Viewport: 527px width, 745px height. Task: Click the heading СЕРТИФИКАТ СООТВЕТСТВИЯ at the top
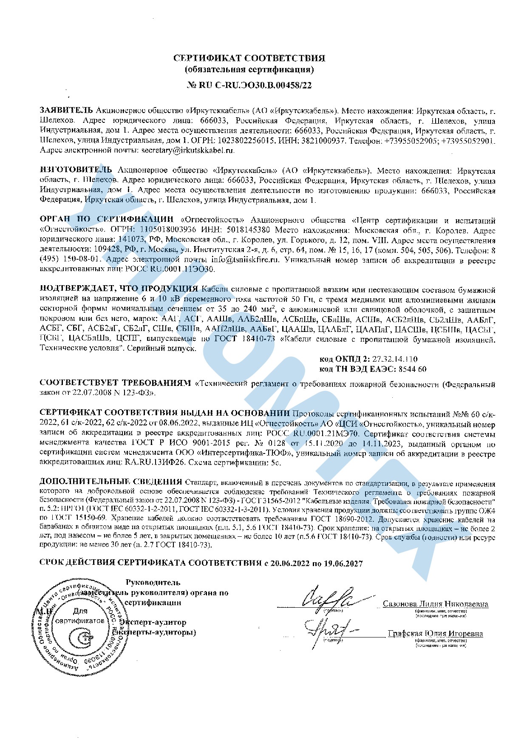(249, 58)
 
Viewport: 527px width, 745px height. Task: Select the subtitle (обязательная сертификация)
(249, 69)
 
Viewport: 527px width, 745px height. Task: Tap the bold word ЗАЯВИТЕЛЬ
(66, 111)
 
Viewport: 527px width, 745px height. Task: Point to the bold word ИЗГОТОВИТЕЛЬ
(76, 170)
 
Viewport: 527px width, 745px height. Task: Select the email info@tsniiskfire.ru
(246, 259)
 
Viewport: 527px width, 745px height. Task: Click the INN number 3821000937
(320, 140)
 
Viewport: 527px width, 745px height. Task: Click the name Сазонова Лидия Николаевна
(436, 604)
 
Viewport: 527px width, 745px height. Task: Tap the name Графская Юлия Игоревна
(435, 634)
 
